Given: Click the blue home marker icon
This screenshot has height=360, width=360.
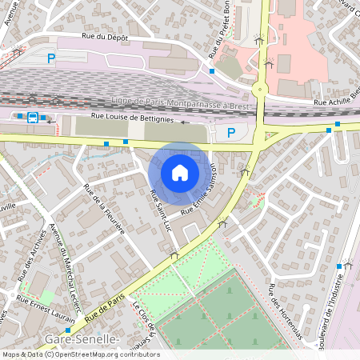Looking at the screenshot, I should (180, 173).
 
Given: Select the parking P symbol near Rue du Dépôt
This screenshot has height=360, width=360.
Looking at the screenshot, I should (51, 58).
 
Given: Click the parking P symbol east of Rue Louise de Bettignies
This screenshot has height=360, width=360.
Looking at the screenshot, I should (231, 132).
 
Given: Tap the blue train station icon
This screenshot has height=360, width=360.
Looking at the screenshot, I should (33, 117).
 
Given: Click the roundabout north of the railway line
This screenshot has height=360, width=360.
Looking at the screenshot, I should (260, 89).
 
